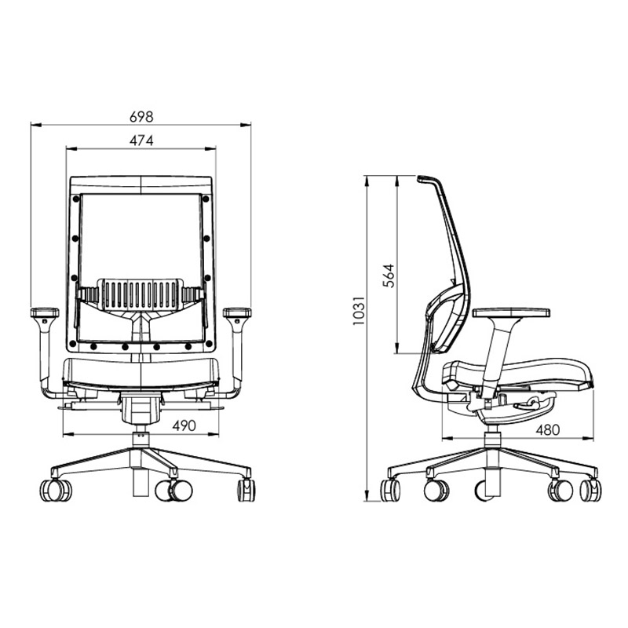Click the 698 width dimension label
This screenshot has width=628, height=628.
tap(141, 116)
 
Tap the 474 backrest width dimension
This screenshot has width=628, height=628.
tap(141, 141)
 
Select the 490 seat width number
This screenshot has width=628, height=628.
tap(184, 425)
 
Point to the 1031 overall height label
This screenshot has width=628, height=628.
tap(359, 310)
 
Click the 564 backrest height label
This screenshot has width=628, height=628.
tap(389, 276)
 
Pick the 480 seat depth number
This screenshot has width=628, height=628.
tap(547, 429)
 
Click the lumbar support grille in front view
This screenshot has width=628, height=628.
tap(141, 294)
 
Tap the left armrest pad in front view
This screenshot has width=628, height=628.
tap(45, 312)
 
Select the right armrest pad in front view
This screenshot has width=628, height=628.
tap(237, 312)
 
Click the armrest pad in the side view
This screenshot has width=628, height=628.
tap(511, 312)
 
